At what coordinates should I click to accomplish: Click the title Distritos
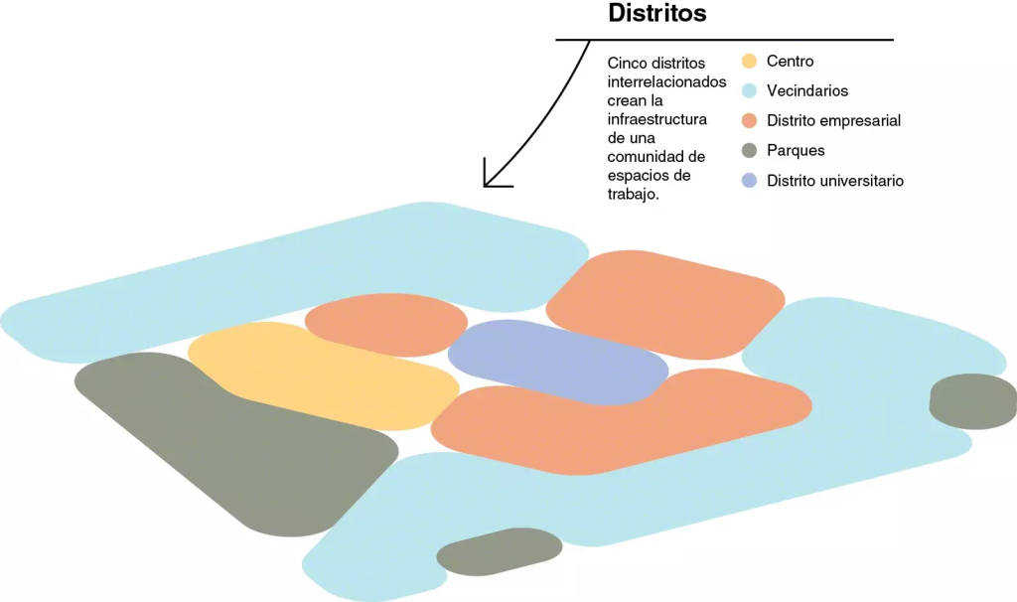[656, 14]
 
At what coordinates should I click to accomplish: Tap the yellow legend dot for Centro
[750, 62]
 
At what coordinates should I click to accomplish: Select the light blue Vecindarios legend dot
[750, 91]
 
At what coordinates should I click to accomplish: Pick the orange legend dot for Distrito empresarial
[750, 121]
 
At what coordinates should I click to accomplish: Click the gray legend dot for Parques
[750, 151]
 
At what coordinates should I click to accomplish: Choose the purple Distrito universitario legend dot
[750, 181]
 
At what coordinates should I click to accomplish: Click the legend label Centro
[790, 62]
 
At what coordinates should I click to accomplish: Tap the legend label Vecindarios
[807, 91]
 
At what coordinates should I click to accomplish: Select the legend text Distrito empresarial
[833, 121]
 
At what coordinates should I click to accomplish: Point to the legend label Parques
[796, 151]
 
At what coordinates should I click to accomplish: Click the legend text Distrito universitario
[835, 181]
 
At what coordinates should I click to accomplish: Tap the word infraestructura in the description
[657, 119]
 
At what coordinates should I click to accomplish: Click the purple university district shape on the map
[558, 360]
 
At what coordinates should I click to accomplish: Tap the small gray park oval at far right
[973, 401]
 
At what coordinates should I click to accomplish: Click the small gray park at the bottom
[499, 551]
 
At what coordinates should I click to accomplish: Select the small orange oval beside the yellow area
[385, 324]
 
